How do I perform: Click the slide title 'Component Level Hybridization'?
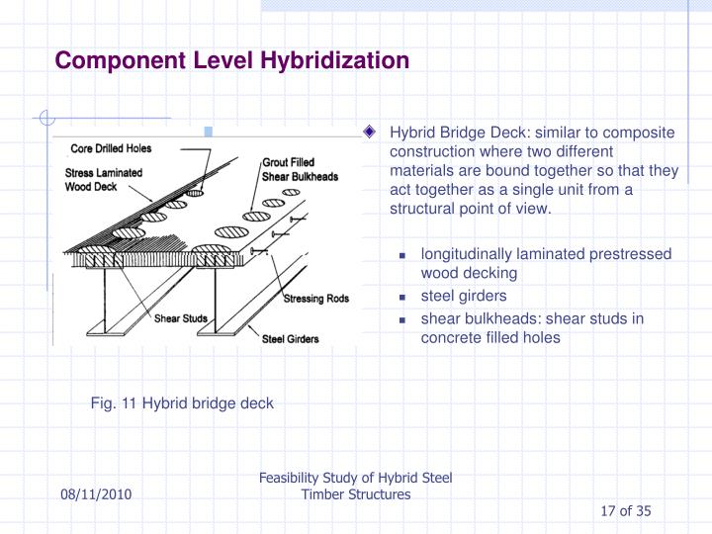(231, 61)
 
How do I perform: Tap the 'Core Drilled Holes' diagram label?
(110, 149)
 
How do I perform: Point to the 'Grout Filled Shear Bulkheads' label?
(301, 170)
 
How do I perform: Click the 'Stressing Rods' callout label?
(313, 299)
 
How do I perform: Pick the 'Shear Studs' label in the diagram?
(181, 318)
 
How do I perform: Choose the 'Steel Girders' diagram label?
(289, 340)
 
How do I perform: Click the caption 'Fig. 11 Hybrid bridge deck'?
(182, 403)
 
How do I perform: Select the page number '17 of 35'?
(626, 510)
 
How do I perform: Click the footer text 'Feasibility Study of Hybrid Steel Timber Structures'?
(355, 486)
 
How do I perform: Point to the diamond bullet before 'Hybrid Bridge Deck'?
(370, 133)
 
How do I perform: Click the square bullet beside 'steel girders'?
(403, 296)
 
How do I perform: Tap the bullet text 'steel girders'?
(464, 295)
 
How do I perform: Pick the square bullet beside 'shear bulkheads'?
(403, 319)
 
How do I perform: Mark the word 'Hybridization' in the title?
(334, 61)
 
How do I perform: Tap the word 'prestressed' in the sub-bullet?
(631, 254)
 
